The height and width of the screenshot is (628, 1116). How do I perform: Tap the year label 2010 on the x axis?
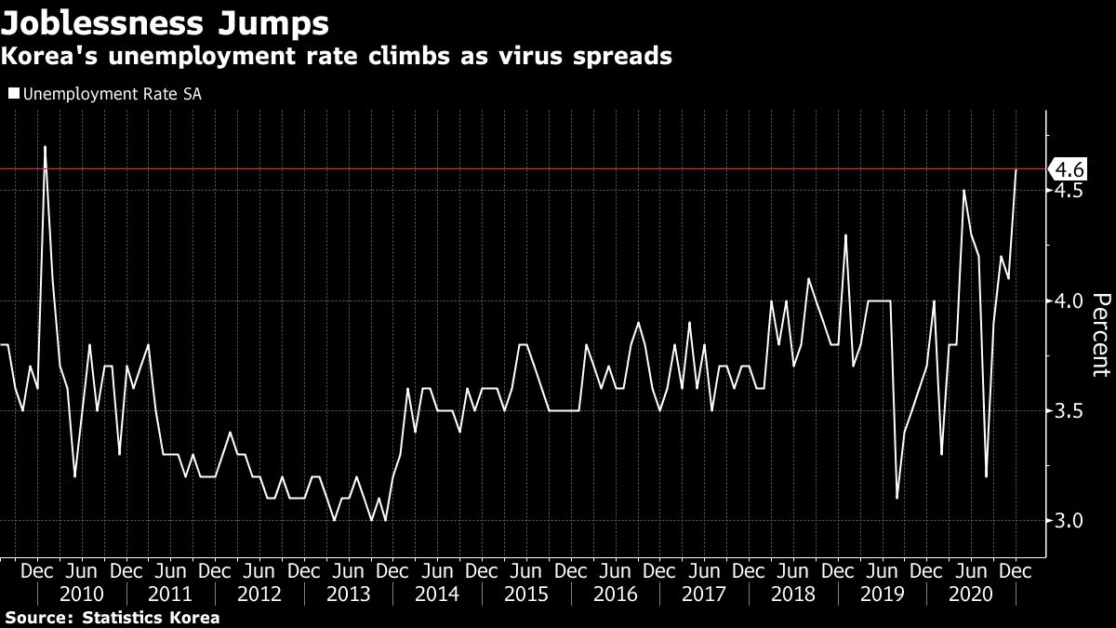pyautogui.click(x=81, y=594)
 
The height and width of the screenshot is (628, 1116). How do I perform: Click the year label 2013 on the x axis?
pyautogui.click(x=348, y=594)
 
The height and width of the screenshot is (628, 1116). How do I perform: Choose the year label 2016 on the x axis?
pyautogui.click(x=615, y=594)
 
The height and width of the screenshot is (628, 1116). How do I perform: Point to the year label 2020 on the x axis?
pyautogui.click(x=971, y=594)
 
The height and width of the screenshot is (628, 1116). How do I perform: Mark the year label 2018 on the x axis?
pyautogui.click(x=792, y=594)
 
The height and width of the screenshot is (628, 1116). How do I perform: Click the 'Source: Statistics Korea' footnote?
pyautogui.click(x=113, y=617)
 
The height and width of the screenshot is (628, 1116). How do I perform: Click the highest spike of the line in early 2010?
pyautogui.click(x=45, y=147)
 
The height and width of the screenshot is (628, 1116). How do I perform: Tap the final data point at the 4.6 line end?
pyautogui.click(x=1016, y=169)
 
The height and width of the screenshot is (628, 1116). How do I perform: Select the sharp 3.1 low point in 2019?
pyautogui.click(x=897, y=498)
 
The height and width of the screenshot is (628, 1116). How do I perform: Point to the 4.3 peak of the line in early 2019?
pyautogui.click(x=845, y=234)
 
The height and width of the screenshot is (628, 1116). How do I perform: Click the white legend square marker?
pyautogui.click(x=12, y=93)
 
